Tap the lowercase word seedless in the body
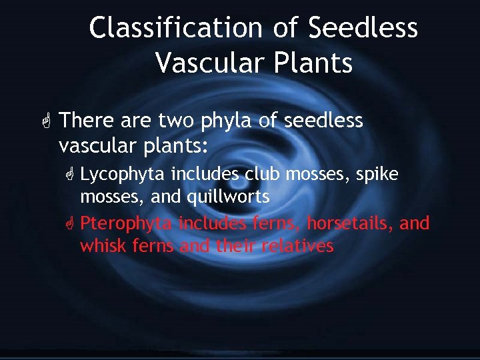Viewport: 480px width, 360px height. (323, 121)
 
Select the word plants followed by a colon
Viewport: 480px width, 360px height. (179, 145)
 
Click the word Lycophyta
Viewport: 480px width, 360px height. (123, 175)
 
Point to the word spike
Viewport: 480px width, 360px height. (377, 175)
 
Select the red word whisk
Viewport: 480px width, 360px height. (102, 246)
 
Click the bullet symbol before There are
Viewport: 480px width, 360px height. (45, 121)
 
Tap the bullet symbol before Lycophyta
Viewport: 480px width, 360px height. (69, 175)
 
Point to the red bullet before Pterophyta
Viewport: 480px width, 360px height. (69, 224)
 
